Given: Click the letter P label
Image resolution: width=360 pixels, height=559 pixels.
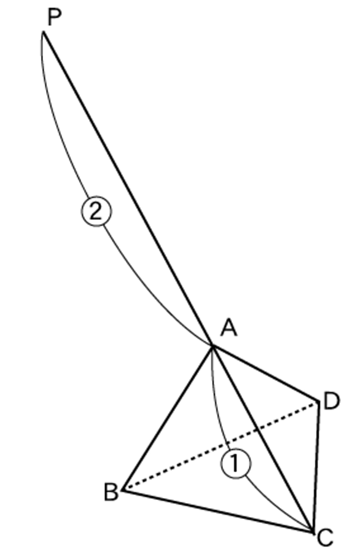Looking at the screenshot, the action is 54,17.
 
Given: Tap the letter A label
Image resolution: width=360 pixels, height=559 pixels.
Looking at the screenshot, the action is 229,327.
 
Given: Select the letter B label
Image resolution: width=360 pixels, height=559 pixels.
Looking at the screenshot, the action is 111,492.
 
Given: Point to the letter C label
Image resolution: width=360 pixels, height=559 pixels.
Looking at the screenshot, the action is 325,538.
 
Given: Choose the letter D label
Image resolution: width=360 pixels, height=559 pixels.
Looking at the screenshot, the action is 332,401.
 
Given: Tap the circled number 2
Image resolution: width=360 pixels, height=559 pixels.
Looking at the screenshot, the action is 96,212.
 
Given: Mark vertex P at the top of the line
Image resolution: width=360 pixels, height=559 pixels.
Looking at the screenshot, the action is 44,32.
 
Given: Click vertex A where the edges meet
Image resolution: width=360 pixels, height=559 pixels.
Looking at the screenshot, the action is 213,345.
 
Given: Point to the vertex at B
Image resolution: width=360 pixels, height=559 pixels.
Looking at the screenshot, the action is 123,490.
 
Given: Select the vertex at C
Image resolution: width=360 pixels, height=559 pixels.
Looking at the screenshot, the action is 313,533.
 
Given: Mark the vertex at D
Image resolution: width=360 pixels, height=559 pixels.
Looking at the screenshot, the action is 318,401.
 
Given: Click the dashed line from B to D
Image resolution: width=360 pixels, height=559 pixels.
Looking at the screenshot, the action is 221,446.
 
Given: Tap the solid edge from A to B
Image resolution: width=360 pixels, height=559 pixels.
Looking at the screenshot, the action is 168,418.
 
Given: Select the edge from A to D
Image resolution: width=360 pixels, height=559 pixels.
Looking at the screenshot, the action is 265,373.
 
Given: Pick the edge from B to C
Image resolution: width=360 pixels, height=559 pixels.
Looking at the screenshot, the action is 218,511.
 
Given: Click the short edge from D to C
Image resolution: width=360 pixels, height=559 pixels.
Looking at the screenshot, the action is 315,467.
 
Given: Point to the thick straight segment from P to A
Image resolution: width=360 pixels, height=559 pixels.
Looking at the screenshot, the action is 128,189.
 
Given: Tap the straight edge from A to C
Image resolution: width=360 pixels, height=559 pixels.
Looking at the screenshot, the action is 263,439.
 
